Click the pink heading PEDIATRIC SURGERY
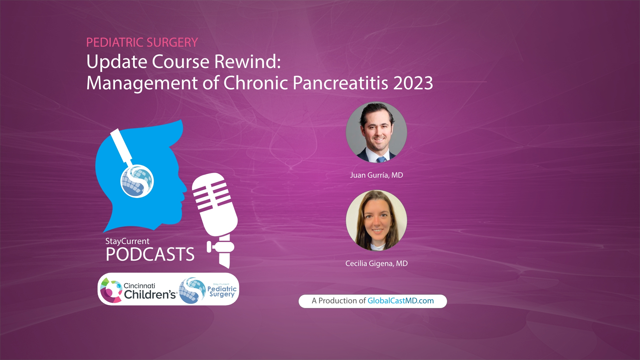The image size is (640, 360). (x=142, y=42)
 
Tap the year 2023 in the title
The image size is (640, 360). (x=413, y=83)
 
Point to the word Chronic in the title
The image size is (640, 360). (x=255, y=83)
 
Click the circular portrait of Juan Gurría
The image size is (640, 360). (x=376, y=132)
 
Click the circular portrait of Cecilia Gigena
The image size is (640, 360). (x=376, y=220)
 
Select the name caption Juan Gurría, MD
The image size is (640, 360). (x=376, y=175)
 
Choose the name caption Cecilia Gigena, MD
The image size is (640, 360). (x=376, y=264)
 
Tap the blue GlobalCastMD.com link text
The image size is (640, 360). (x=400, y=301)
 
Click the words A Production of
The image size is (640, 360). (x=338, y=301)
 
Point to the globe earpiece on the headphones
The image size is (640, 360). (x=137, y=181)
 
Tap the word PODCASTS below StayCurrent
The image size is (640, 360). (x=150, y=255)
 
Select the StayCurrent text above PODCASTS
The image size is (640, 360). (x=127, y=241)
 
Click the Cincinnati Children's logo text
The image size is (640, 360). (x=149, y=291)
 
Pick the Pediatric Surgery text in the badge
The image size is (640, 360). (x=222, y=291)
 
